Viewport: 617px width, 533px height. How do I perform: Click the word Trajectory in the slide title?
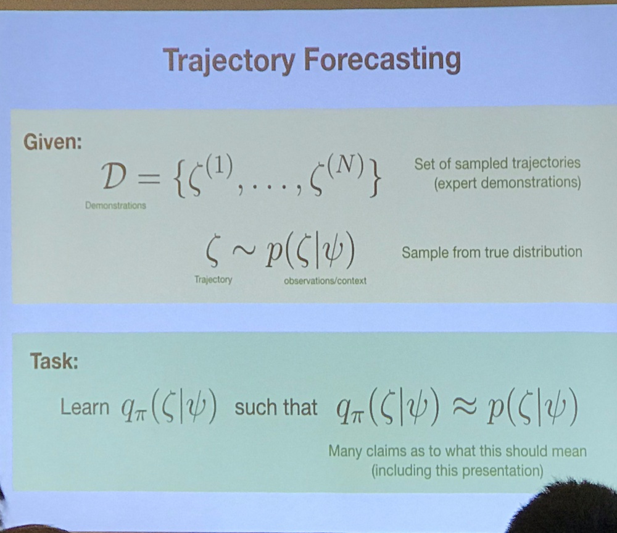[x=229, y=61]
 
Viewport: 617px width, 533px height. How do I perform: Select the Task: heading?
[x=54, y=361]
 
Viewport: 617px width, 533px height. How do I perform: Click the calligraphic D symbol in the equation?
[x=114, y=176]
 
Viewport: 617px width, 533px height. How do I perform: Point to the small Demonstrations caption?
[x=116, y=205]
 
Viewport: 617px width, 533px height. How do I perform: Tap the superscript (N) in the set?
[x=342, y=166]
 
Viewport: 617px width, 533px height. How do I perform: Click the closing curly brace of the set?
[x=375, y=179]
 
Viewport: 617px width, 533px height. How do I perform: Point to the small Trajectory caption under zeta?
[x=213, y=280]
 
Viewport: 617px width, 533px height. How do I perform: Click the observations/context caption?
[x=325, y=281]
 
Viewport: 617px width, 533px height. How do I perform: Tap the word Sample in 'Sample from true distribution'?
[x=425, y=253]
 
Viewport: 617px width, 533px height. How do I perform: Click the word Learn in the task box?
[x=85, y=407]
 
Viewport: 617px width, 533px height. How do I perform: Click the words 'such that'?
[x=276, y=407]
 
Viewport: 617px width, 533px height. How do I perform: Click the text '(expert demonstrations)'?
[x=507, y=183]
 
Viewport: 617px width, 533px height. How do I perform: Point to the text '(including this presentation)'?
[x=457, y=471]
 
